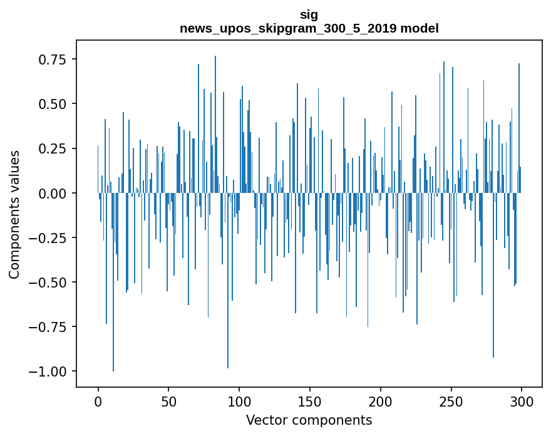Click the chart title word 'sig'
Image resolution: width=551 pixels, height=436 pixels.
coord(309,15)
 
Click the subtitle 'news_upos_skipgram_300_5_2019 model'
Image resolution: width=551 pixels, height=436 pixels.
coord(309,28)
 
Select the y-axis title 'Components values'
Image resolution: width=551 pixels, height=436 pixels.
coord(14,214)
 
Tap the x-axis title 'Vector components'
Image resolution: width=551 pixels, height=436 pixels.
coord(309,420)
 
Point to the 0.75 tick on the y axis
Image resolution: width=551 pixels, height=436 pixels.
coord(53,60)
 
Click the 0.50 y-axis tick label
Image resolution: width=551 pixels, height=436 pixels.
coord(53,104)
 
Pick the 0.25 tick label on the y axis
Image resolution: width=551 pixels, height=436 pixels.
coord(53,148)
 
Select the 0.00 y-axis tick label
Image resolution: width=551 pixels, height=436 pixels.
coord(53,193)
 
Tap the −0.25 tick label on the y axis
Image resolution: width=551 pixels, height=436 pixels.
coord(48,237)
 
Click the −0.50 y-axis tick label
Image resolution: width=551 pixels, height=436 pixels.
coord(48,282)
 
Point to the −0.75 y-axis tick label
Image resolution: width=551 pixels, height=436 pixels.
coord(48,326)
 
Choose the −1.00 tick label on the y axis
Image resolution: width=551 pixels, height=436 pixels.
coord(48,371)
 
